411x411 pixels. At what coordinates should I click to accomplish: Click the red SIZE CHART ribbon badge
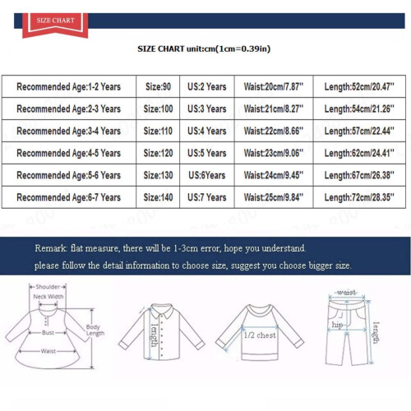(55, 25)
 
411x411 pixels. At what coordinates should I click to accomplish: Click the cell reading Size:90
(158, 86)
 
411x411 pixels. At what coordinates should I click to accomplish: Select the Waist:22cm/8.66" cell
(274, 131)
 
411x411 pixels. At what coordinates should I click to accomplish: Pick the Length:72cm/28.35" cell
(359, 197)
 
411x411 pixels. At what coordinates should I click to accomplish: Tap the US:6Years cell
(207, 175)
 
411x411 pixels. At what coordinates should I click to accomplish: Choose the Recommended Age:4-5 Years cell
(69, 153)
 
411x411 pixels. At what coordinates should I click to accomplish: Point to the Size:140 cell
(158, 197)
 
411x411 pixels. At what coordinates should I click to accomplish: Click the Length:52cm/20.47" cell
(359, 86)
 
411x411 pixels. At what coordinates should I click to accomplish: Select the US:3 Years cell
(207, 109)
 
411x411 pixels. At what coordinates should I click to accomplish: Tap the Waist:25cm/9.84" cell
(274, 197)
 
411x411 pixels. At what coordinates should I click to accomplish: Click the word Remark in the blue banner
(51, 248)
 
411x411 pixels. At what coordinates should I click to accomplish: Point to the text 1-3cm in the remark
(186, 248)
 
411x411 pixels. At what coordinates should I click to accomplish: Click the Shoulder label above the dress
(48, 287)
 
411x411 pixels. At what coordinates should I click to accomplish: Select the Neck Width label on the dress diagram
(48, 297)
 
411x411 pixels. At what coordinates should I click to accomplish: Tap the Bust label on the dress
(48, 333)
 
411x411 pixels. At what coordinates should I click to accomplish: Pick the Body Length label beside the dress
(95, 330)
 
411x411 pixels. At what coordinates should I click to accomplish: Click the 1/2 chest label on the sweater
(260, 335)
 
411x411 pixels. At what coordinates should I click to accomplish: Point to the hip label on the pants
(337, 326)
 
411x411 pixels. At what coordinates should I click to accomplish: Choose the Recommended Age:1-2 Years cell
(69, 86)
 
